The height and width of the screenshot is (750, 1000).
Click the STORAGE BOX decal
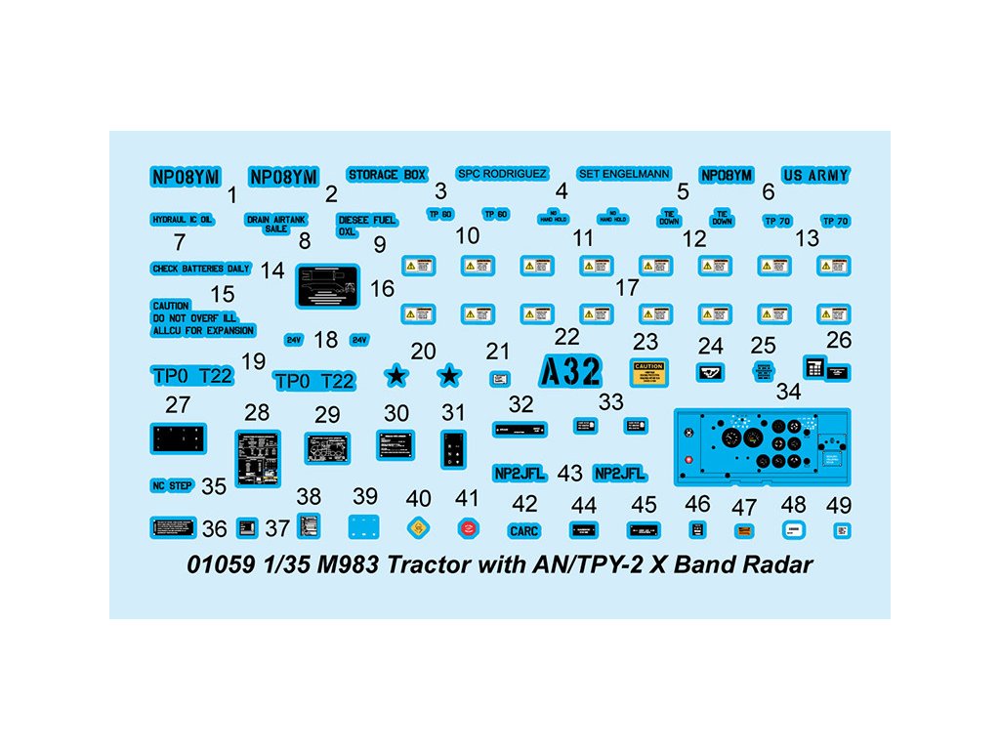388,174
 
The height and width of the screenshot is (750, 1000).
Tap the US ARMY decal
815,176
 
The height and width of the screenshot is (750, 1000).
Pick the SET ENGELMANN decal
624,174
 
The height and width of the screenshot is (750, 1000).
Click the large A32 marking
570,371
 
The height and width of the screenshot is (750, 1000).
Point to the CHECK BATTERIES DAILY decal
201,269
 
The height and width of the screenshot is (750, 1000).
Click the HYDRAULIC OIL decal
182,220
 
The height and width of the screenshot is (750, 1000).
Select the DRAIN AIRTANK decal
276,224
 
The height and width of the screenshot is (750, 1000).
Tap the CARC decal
522,530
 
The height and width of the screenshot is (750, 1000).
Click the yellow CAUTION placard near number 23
647,373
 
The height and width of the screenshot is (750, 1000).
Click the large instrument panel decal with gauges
762,445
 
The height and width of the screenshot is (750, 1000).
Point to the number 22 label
566,337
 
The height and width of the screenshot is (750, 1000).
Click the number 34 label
787,393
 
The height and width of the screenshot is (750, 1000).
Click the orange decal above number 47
744,530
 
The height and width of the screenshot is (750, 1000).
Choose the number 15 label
223,293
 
